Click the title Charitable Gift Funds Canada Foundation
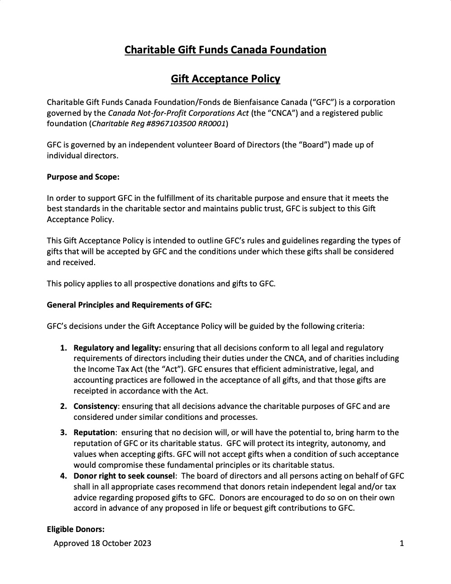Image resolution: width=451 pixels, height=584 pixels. [x=225, y=50]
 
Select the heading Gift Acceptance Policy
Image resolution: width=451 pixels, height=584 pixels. [x=225, y=79]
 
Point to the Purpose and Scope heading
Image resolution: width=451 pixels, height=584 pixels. [x=83, y=177]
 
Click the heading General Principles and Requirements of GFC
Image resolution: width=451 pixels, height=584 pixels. [x=129, y=305]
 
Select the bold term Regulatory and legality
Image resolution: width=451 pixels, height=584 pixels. [x=117, y=348]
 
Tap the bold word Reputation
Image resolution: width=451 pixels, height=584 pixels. [x=94, y=432]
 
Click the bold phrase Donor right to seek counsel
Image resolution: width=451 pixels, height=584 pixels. [x=124, y=476]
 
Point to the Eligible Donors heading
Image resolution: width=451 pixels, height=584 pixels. [x=76, y=529]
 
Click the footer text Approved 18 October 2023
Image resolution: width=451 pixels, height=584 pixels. [x=102, y=544]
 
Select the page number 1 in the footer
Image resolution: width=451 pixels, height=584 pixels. [x=402, y=544]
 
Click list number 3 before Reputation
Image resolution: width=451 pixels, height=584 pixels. [x=64, y=432]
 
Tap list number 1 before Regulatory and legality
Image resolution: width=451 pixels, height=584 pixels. [x=64, y=348]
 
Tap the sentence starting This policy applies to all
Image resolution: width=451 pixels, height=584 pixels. [x=161, y=284]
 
